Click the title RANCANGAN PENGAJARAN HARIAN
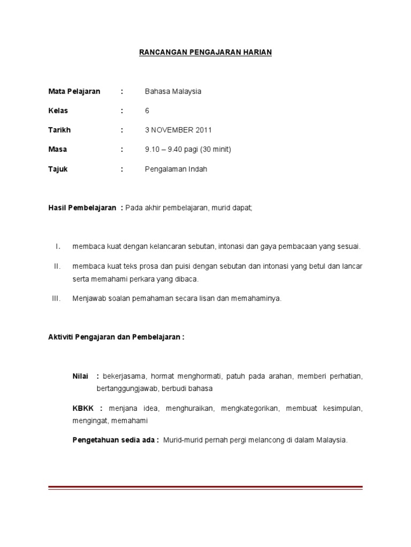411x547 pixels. tap(205, 52)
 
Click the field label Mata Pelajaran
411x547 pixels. tap(74, 91)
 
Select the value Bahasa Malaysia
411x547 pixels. tap(173, 91)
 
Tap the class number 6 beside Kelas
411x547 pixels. tap(147, 111)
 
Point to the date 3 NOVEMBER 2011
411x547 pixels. tap(178, 130)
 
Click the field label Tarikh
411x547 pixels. tap(59, 130)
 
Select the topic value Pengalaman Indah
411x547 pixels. tap(176, 169)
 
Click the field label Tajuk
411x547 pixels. tap(58, 169)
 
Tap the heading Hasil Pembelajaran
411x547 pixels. tap(82, 208)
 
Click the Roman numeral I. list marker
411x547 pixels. tap(58, 247)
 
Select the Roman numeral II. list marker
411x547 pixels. tap(57, 266)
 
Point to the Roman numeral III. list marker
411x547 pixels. tap(56, 299)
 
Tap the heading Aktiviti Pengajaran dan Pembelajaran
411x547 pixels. tap(116, 338)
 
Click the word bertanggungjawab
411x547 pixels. tap(125, 388)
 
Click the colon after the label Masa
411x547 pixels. tap(122, 150)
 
